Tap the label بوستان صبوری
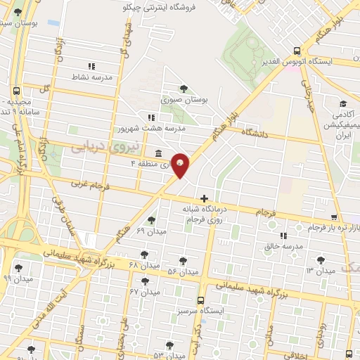[186, 101]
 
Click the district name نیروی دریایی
[97, 146]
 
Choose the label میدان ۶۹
[150, 231]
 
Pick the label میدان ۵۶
[184, 271]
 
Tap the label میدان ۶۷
[146, 291]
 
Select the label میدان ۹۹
[18, 278]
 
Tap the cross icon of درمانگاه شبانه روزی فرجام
[204, 199]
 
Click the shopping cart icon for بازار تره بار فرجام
[333, 217]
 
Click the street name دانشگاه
[256, 132]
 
